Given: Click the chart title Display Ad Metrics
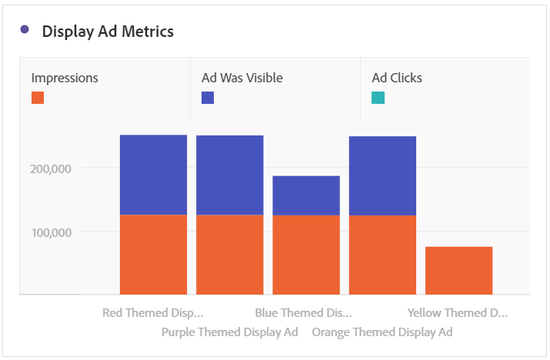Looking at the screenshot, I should pyautogui.click(x=108, y=32).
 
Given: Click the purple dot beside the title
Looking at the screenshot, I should pyautogui.click(x=25, y=30).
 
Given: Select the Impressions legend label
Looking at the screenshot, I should pyautogui.click(x=65, y=78).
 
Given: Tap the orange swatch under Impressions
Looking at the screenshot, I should pyautogui.click(x=38, y=98).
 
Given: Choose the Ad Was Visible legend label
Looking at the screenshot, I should pyautogui.click(x=242, y=78).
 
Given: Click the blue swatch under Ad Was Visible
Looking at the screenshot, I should pyautogui.click(x=208, y=98).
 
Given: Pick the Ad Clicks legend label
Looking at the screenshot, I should pyautogui.click(x=397, y=78).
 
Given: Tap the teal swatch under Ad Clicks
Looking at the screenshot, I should pyautogui.click(x=378, y=98).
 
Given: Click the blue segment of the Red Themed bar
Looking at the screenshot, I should pyautogui.click(x=153, y=175).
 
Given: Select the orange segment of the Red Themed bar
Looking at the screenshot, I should pyautogui.click(x=153, y=255).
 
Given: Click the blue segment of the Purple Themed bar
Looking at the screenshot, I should pyautogui.click(x=230, y=175).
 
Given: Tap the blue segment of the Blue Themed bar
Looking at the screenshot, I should pyautogui.click(x=306, y=195).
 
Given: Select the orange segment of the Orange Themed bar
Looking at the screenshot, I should pyautogui.click(x=382, y=255).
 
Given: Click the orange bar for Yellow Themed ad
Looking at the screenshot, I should pyautogui.click(x=458, y=271).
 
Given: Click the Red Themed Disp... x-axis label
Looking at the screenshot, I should pyautogui.click(x=153, y=313).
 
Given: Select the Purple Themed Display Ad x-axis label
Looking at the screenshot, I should pyautogui.click(x=229, y=332).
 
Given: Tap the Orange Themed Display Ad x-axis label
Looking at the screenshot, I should pyautogui.click(x=382, y=332).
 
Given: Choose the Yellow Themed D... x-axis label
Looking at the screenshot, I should pyautogui.click(x=458, y=313).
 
